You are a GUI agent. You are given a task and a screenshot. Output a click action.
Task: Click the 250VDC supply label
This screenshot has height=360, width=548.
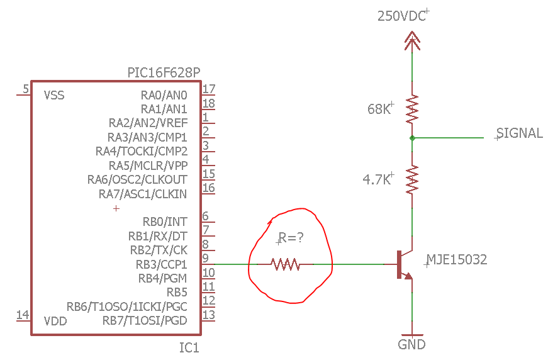click(x=401, y=16)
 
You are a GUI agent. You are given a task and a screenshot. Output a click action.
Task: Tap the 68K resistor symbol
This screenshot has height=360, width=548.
click(x=412, y=109)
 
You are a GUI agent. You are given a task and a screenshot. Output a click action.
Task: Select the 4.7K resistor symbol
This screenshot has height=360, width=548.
click(x=412, y=179)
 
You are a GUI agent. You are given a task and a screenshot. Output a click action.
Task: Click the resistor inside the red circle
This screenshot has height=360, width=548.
click(x=286, y=264)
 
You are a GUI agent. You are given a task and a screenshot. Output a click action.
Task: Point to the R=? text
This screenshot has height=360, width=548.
click(x=291, y=238)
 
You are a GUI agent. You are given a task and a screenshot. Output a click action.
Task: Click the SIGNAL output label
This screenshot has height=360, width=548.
click(x=520, y=133)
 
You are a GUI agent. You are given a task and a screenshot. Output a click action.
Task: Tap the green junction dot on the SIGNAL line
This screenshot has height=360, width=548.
click(x=412, y=138)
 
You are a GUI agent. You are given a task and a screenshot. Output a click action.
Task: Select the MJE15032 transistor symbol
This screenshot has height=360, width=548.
click(x=405, y=264)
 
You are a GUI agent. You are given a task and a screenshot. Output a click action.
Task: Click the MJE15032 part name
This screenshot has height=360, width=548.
click(x=457, y=260)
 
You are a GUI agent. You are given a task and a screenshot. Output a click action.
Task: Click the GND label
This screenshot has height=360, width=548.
click(x=411, y=345)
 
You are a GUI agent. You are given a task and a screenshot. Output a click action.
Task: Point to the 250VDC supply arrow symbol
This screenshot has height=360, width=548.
click(x=412, y=41)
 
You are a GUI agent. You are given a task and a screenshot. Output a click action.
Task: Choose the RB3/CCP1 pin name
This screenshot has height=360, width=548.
click(x=162, y=264)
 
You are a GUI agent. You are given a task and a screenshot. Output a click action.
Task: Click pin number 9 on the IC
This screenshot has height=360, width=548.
click(x=206, y=258)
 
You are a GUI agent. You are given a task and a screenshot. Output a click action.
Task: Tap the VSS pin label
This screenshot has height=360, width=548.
click(x=54, y=95)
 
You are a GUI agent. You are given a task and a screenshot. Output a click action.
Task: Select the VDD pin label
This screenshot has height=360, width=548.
click(x=55, y=321)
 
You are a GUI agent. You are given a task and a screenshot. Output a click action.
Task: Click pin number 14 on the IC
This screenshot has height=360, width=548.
click(x=23, y=315)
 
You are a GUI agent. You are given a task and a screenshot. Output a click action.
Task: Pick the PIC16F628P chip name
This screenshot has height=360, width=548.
click(x=164, y=73)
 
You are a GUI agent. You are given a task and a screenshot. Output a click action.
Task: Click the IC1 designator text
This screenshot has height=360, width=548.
click(x=189, y=348)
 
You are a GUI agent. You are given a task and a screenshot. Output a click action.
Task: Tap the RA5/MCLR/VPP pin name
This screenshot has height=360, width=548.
click(x=148, y=166)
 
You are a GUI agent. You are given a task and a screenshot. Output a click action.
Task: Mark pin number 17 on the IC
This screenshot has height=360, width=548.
click(x=209, y=89)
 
